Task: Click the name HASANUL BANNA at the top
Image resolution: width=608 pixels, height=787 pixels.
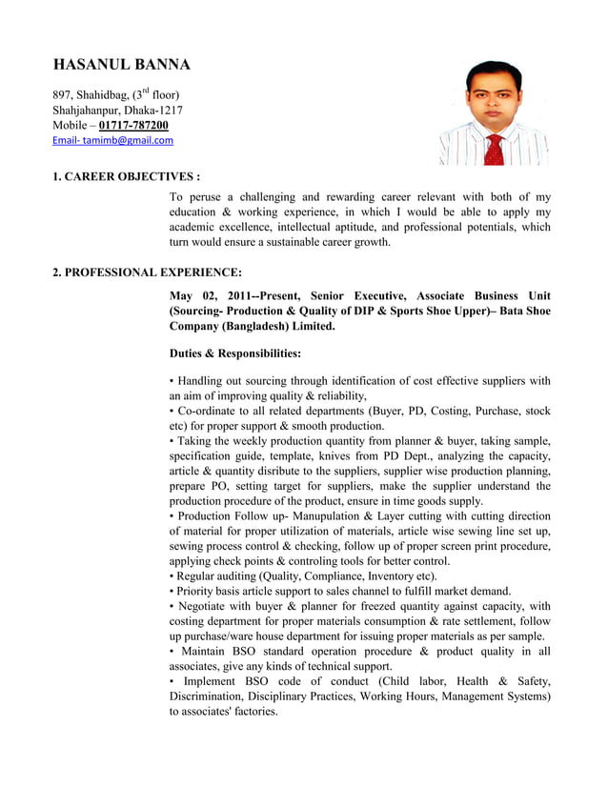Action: pyautogui.click(x=121, y=65)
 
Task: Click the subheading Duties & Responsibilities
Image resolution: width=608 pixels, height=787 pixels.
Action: pyautogui.click(x=234, y=353)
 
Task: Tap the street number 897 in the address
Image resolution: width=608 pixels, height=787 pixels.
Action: pyautogui.click(x=63, y=94)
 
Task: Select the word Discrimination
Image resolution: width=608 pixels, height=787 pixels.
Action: pyautogui.click(x=213, y=697)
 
